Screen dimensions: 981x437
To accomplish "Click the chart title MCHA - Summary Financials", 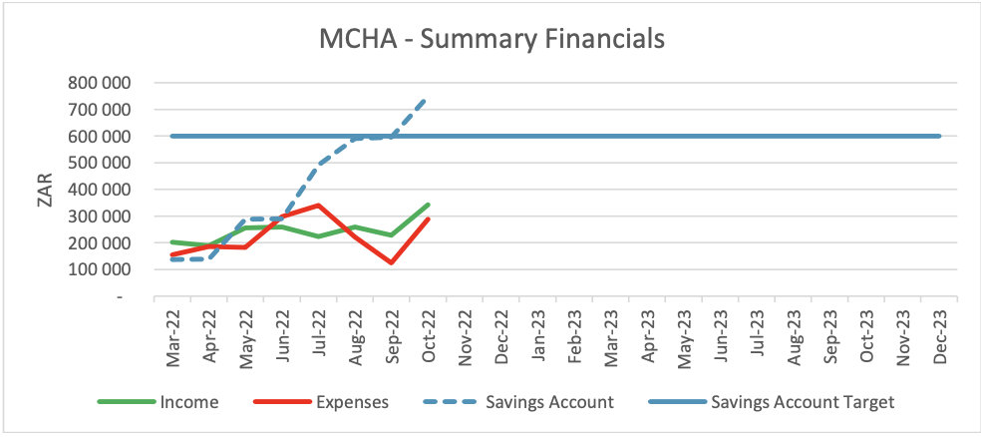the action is pyautogui.click(x=490, y=39).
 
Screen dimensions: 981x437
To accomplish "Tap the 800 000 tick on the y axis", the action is pyautogui.click(x=105, y=83).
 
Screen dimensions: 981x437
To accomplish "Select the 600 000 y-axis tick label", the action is pyautogui.click(x=105, y=136).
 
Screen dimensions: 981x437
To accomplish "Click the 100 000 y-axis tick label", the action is pyautogui.click(x=105, y=269).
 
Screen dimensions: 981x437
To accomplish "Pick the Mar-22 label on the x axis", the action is pyautogui.click(x=171, y=332).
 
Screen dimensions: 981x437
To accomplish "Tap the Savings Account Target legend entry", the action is pyautogui.click(x=772, y=402).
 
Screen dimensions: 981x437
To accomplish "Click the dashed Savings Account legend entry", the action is pyautogui.click(x=518, y=402).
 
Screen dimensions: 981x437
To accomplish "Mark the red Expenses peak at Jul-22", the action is pyautogui.click(x=318, y=205).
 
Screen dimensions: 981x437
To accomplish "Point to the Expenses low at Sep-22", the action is pyautogui.click(x=392, y=263).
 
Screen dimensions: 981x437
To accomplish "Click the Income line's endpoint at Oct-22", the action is pyautogui.click(x=428, y=205).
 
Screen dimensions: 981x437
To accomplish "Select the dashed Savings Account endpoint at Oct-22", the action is pyautogui.click(x=426, y=99).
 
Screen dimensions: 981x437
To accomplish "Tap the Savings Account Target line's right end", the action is pyautogui.click(x=940, y=136).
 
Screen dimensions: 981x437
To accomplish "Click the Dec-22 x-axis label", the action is pyautogui.click(x=499, y=332).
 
